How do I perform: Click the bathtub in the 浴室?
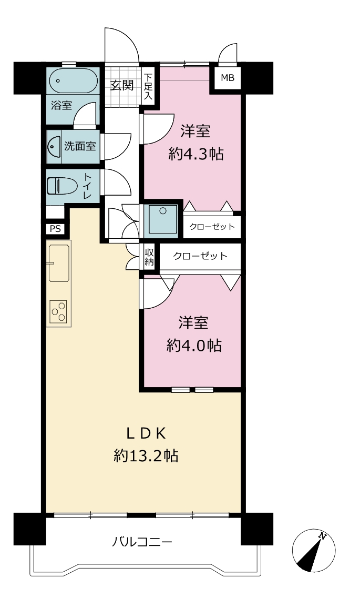coord(73,80)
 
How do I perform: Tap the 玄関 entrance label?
coord(122,85)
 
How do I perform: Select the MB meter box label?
coord(228,78)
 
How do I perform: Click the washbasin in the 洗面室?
coord(54,147)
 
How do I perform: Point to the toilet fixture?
coord(62,186)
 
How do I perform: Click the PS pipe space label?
coord(55,229)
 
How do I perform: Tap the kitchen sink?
coord(59,262)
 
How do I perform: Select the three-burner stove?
coord(58,311)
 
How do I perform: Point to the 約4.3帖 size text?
coord(196,154)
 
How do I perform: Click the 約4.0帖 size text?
coord(194,344)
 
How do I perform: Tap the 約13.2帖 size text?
coord(146,455)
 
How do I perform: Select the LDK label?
coord(147,434)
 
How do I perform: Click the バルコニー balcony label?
coord(142,541)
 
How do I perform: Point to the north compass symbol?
coord(314,551)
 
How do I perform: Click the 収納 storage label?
coord(150,257)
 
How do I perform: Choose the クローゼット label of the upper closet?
coord(212,227)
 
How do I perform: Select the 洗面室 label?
coord(80,146)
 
